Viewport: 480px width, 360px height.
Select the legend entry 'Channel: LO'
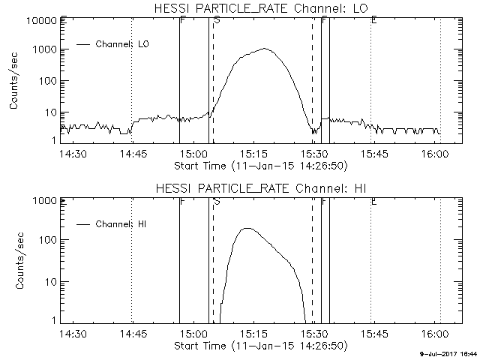[124, 45]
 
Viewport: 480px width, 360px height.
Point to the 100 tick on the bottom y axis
[46, 241]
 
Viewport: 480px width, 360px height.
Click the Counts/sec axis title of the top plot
[14, 82]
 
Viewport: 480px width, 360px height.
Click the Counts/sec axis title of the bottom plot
[14, 262]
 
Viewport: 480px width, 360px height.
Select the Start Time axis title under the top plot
[259, 164]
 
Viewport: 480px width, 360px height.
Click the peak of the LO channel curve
[265, 49]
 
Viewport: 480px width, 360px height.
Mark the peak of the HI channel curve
[247, 228]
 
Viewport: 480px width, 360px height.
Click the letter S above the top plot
[217, 20]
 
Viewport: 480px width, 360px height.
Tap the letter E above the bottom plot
[373, 201]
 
